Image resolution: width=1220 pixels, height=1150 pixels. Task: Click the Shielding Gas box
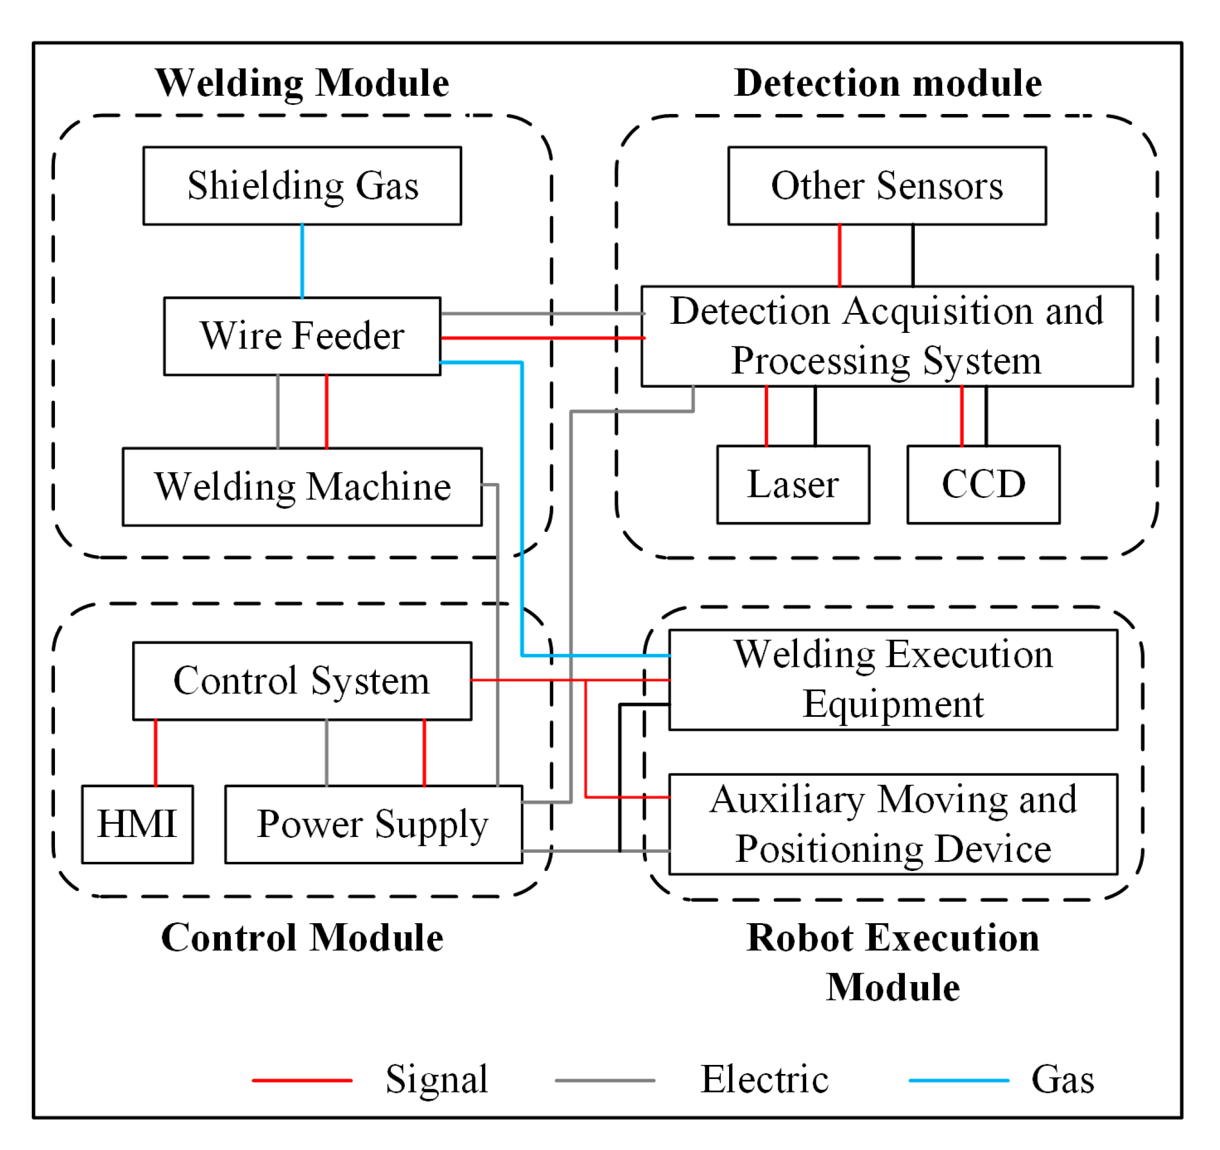pyautogui.click(x=303, y=186)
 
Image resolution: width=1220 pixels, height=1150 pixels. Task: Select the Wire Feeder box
pyautogui.click(x=303, y=336)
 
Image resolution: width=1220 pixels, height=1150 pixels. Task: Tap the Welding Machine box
pyautogui.click(x=303, y=487)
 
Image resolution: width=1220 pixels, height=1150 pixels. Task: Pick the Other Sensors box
pyautogui.click(x=887, y=186)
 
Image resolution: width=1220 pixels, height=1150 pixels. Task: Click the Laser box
pyautogui.click(x=794, y=485)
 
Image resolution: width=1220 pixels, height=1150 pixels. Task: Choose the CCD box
pyautogui.click(x=984, y=485)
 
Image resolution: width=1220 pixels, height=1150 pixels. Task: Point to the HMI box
pyautogui.click(x=137, y=825)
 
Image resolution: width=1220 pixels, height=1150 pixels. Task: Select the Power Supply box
pyautogui.click(x=374, y=825)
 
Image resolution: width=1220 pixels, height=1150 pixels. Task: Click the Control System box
pyautogui.click(x=303, y=682)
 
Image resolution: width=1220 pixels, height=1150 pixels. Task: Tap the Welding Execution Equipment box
pyautogui.click(x=893, y=680)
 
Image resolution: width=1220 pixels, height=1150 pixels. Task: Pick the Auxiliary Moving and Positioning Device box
pyautogui.click(x=893, y=825)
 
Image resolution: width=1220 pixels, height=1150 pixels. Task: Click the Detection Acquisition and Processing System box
pyautogui.click(x=887, y=336)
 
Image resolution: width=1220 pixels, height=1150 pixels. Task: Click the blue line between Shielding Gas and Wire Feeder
pyautogui.click(x=303, y=261)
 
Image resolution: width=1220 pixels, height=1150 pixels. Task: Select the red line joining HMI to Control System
pyautogui.click(x=156, y=752)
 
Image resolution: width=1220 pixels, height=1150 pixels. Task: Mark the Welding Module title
pyautogui.click(x=303, y=83)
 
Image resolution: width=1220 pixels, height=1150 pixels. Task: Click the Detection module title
pyautogui.click(x=888, y=83)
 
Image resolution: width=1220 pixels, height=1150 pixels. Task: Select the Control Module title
pyautogui.click(x=303, y=938)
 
